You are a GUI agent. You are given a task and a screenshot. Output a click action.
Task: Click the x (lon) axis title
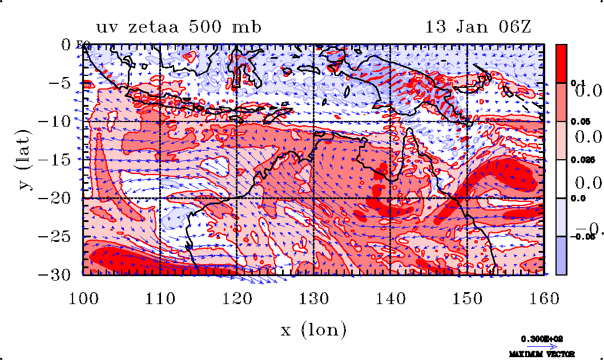(x=313, y=330)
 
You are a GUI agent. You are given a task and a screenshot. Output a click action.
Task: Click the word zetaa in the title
(x=162, y=27)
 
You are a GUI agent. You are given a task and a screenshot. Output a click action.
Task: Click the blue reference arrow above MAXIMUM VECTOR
(x=539, y=346)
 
